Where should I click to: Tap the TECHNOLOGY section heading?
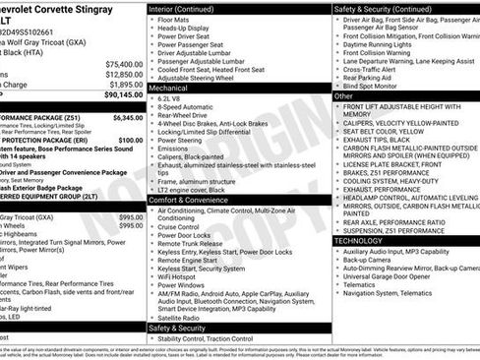(358, 239)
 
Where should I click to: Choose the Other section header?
(344, 96)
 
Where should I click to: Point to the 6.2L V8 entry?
(172, 99)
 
